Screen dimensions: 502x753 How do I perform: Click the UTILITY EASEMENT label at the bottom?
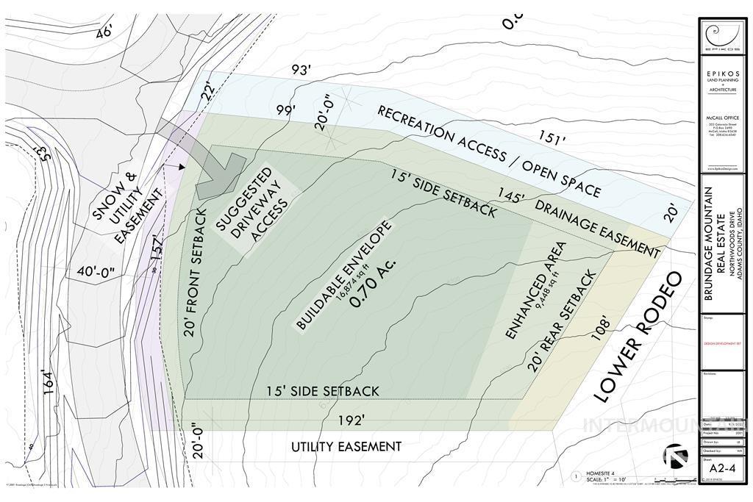pyautogui.click(x=346, y=446)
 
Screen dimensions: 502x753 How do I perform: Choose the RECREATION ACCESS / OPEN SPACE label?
pyautogui.click(x=489, y=151)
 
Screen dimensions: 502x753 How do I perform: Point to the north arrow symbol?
pyautogui.click(x=676, y=456)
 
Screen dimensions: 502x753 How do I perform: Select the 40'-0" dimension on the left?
pyautogui.click(x=96, y=271)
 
